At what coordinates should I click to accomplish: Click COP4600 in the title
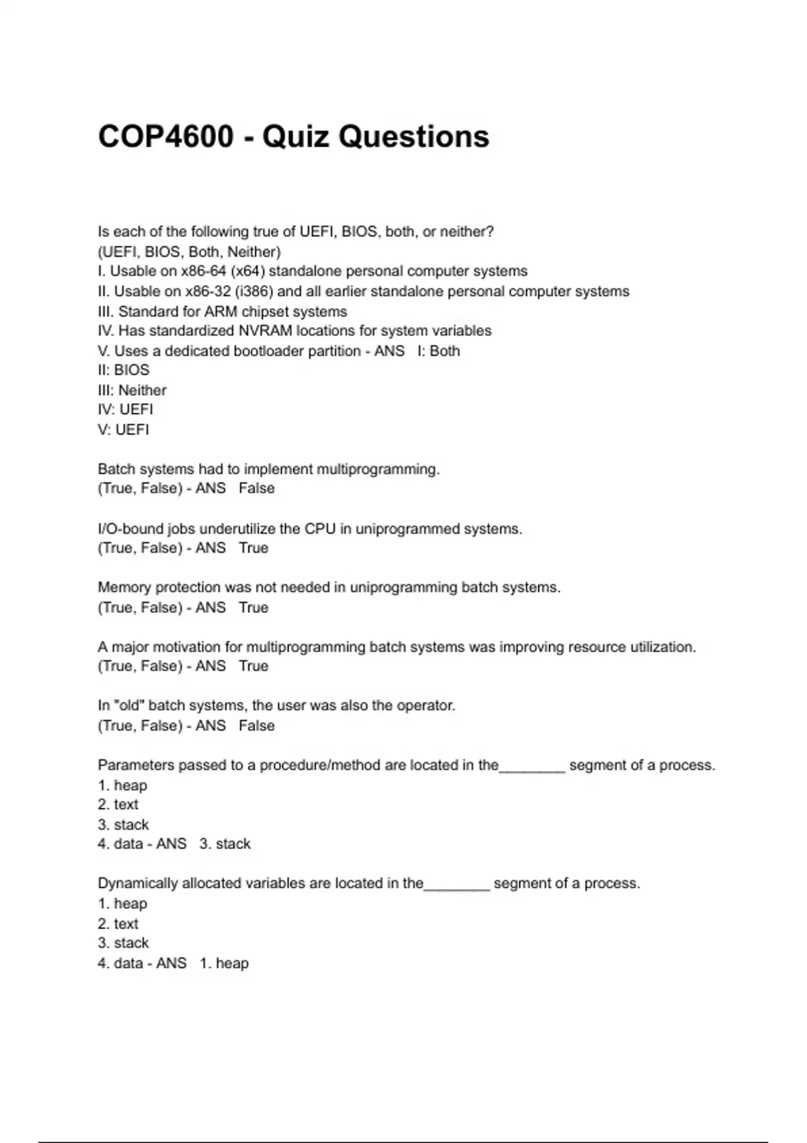[165, 136]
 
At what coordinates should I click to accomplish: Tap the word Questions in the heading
[414, 136]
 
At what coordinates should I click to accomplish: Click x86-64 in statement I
[204, 271]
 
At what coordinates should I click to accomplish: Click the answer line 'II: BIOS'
[124, 370]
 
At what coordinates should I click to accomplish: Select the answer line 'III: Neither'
[132, 390]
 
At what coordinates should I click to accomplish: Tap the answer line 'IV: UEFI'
[125, 409]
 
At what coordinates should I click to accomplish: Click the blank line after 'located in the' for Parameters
[532, 768]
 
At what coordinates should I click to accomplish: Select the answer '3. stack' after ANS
[225, 844]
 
